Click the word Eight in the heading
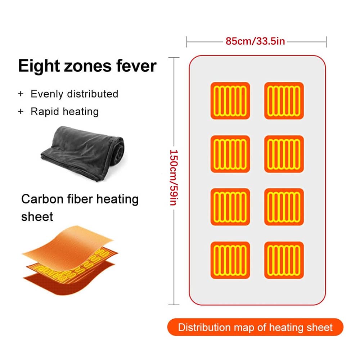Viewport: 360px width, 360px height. coord(39,66)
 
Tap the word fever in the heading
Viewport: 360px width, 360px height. coord(136,66)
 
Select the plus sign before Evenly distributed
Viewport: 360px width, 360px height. coord(21,94)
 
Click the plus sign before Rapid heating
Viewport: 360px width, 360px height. coord(21,112)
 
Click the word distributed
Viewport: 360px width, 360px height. coord(93,94)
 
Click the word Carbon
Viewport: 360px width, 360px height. coord(42,199)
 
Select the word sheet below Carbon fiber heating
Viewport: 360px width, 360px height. coord(37,216)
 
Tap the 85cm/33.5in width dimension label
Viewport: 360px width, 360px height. coord(255,41)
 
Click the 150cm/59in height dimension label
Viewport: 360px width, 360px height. coord(174,177)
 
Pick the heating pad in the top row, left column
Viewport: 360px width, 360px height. coord(230,100)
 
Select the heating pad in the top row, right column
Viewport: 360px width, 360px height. coord(284,100)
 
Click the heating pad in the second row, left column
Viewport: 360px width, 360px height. coord(230,154)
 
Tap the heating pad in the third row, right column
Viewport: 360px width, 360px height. coord(284,207)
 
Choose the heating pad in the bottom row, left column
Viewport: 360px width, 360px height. coord(230,260)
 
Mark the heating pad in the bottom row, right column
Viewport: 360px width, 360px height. coord(284,260)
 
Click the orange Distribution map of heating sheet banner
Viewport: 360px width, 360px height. coord(255,327)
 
